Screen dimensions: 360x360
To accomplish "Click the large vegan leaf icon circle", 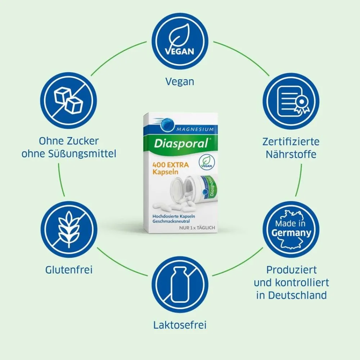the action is pyautogui.click(x=180, y=41).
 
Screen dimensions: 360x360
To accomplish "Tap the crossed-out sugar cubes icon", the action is pyautogui.click(x=68, y=101).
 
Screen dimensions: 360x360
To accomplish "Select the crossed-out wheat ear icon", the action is pyautogui.click(x=69, y=229).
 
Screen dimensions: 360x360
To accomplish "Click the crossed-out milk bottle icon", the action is pyautogui.click(x=180, y=285).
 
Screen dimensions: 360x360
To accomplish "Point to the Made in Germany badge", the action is pyautogui.click(x=291, y=229).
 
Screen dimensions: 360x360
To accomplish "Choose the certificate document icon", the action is pyautogui.click(x=291, y=101).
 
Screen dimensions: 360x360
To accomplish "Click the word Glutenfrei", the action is pyautogui.click(x=69, y=270).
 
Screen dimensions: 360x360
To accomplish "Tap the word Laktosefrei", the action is pyautogui.click(x=180, y=325).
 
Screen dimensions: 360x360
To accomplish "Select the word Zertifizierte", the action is pyautogui.click(x=291, y=141).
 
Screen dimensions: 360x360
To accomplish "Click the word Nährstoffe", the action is pyautogui.click(x=291, y=154).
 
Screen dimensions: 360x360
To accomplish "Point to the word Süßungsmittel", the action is pyautogui.click(x=82, y=154).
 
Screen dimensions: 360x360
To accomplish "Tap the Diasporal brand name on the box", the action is pyautogui.click(x=181, y=144).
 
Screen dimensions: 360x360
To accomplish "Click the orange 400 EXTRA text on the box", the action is pyautogui.click(x=171, y=165).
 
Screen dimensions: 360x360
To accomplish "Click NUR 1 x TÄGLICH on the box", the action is pyautogui.click(x=197, y=228).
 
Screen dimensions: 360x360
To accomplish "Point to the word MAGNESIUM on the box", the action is pyautogui.click(x=195, y=130).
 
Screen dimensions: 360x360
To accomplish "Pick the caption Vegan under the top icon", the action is pyautogui.click(x=180, y=82).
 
